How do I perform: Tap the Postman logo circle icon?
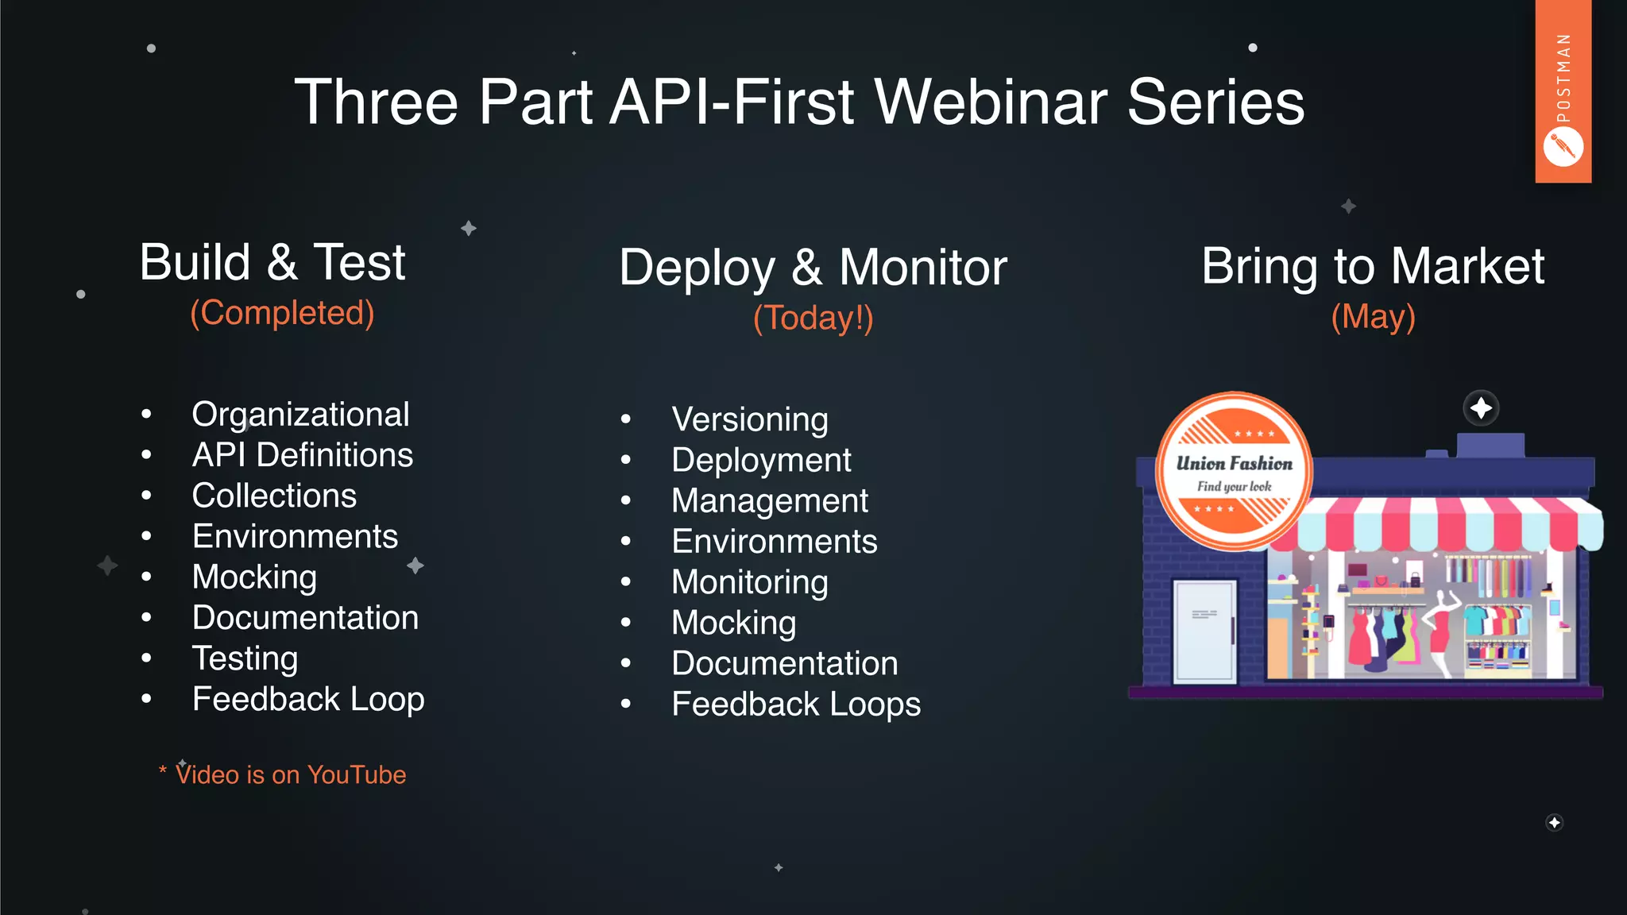coord(1563,148)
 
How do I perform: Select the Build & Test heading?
coord(272,262)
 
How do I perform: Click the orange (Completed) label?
coord(282,313)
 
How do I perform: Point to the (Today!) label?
coord(813,318)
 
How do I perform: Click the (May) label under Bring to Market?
coord(1373,316)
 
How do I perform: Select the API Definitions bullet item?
coord(302,455)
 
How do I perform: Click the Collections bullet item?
coord(274,496)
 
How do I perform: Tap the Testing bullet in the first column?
coord(245,658)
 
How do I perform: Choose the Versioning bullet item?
coord(749,419)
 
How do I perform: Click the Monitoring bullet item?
coord(749,582)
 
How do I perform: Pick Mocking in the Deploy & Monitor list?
coord(733,623)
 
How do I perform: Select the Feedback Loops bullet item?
coord(795,705)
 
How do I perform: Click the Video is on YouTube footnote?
coord(290,774)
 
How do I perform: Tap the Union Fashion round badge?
coord(1233,471)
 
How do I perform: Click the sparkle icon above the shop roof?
coord(1481,408)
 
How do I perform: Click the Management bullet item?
coord(769,501)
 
